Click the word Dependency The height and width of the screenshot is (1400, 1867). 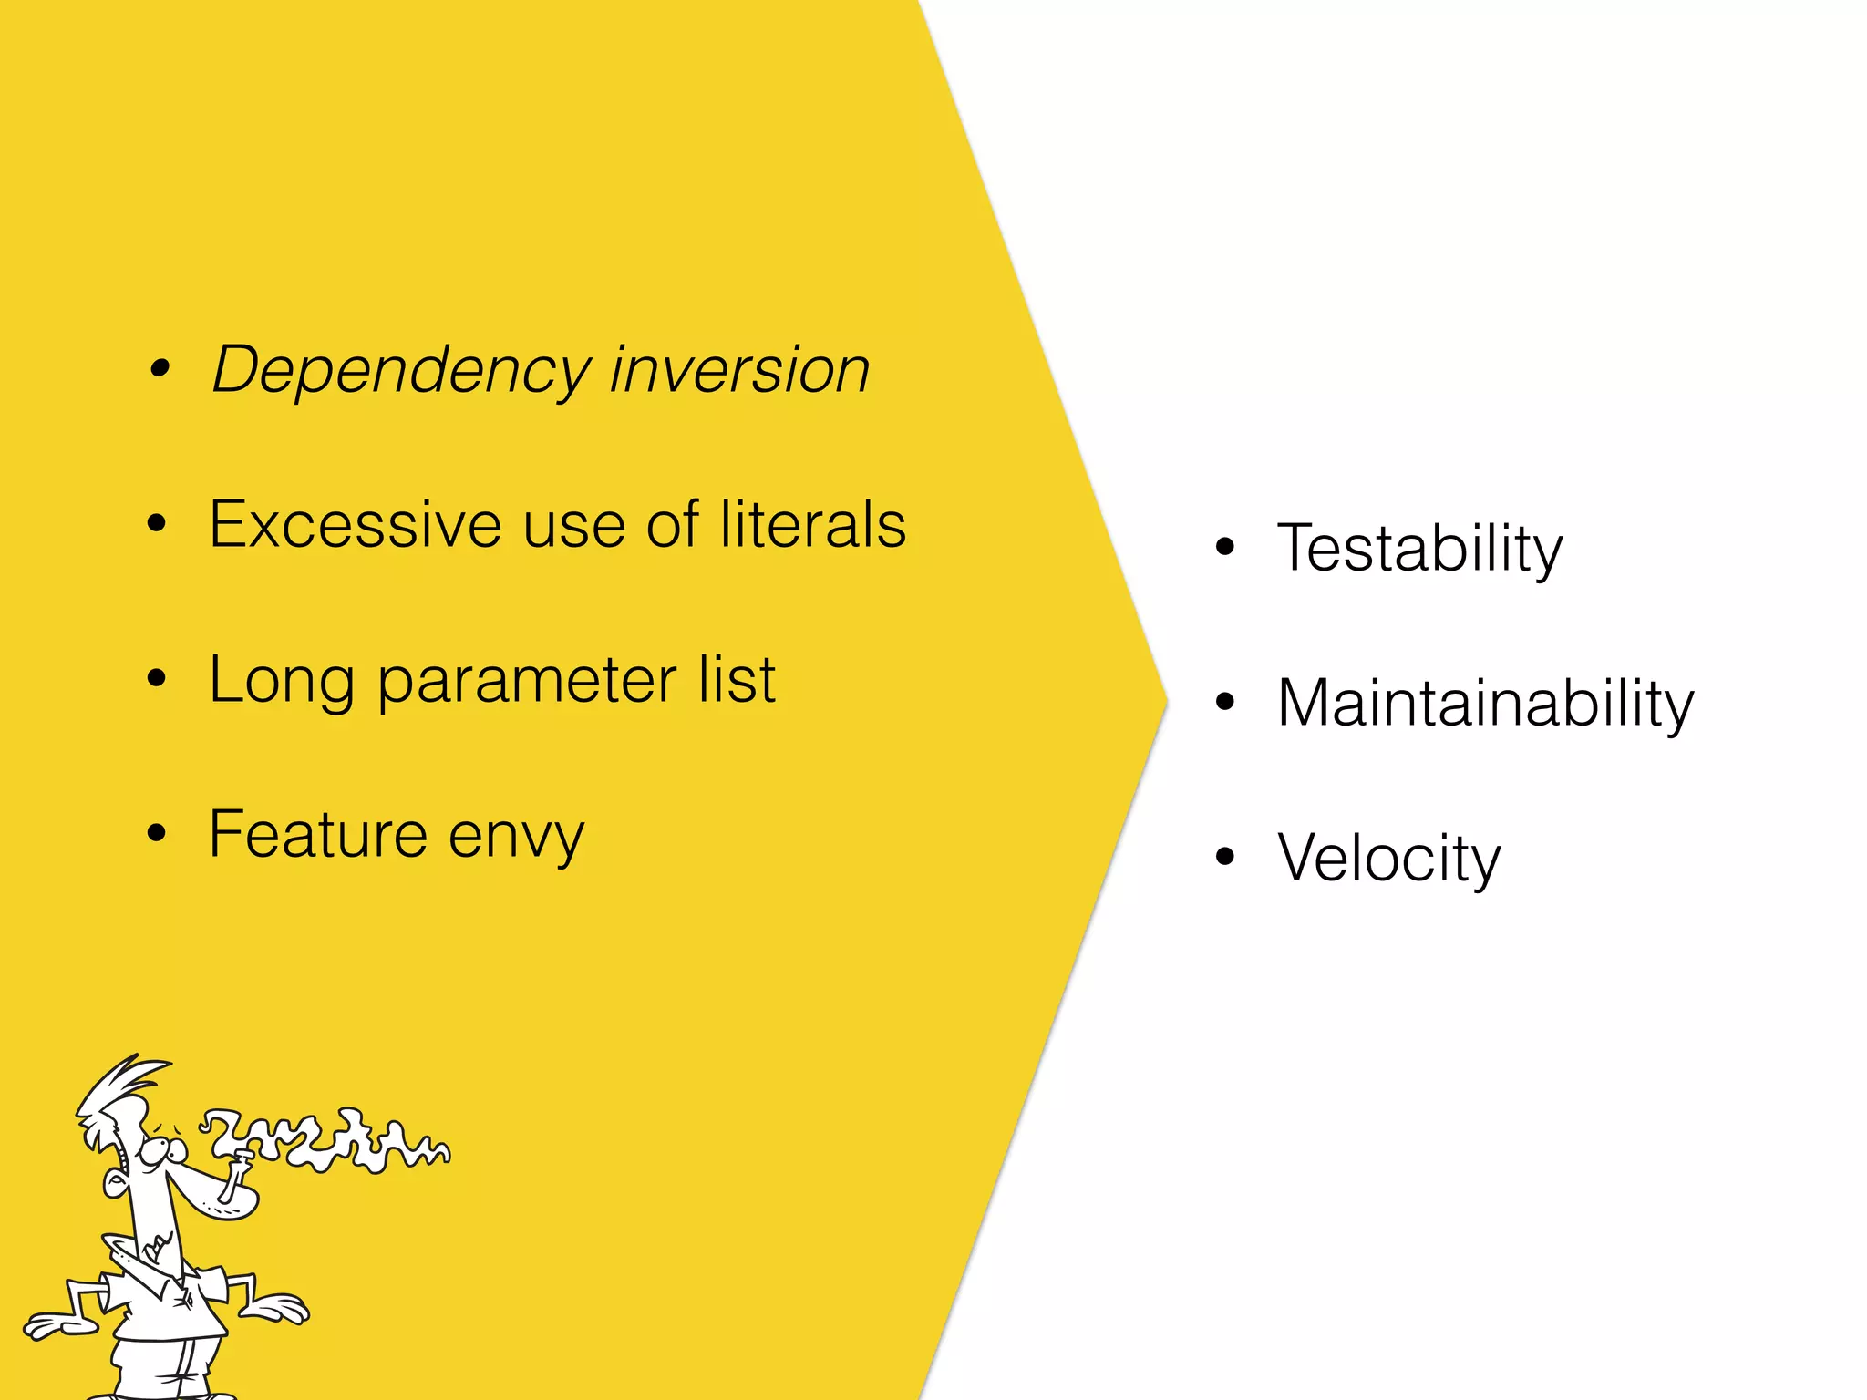(402, 370)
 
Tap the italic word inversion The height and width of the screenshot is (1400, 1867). (739, 370)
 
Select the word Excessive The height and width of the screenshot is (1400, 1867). (356, 525)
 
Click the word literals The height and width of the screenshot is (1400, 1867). (812, 525)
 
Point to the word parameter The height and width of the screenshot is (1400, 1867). (527, 682)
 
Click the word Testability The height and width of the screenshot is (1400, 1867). (1419, 549)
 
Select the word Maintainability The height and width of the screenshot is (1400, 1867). (1485, 704)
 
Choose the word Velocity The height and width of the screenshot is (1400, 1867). (1388, 859)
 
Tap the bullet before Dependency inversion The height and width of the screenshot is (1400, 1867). (160, 369)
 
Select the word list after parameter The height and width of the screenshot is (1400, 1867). (737, 680)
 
